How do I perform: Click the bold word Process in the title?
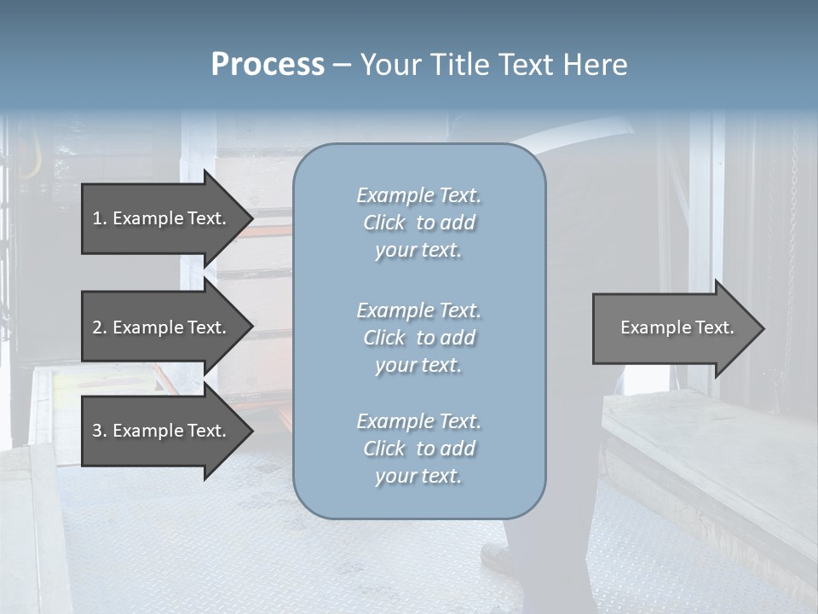(268, 65)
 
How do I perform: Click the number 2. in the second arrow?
(100, 327)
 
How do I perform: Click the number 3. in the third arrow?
(100, 431)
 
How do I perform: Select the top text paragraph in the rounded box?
(418, 223)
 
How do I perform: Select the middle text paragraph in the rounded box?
(418, 338)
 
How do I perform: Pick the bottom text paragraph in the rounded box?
(418, 449)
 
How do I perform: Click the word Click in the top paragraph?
(384, 223)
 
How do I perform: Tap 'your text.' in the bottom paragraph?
(418, 476)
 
